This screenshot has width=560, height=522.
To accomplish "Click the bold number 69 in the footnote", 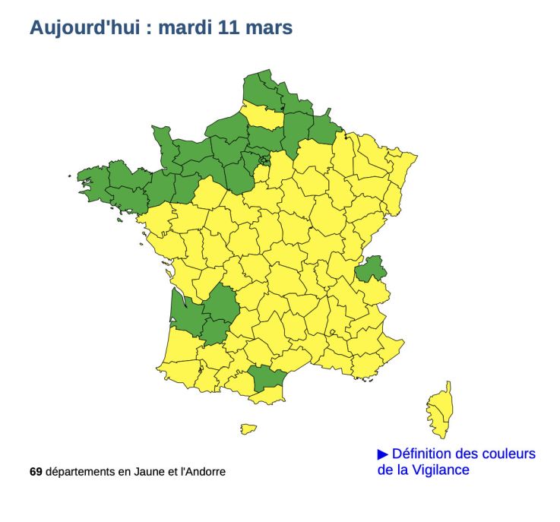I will tap(36, 472).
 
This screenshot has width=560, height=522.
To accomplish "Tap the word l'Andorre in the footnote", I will tap(201, 472).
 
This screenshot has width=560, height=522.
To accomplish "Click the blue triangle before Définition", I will tap(383, 454).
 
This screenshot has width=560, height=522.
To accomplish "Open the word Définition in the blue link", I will tap(425, 454).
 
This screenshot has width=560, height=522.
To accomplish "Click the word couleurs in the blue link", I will tap(510, 454).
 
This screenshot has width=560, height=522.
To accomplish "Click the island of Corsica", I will tap(439, 411).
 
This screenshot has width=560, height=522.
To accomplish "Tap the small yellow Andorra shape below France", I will tap(248, 429).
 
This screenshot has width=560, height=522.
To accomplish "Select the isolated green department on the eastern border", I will tap(371, 268).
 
